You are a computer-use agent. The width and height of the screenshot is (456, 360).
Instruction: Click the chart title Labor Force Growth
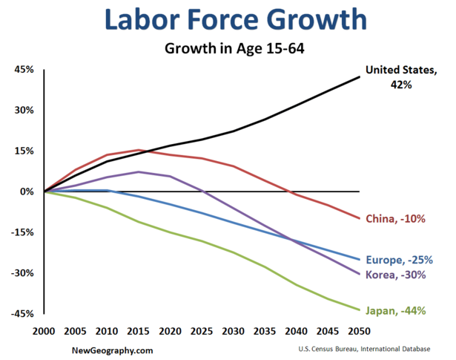(x=228, y=22)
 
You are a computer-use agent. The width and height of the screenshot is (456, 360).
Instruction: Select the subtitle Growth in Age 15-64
(x=228, y=50)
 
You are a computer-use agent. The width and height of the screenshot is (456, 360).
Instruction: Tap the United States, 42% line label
(x=398, y=77)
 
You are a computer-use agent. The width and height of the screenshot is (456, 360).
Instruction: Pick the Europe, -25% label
(x=398, y=260)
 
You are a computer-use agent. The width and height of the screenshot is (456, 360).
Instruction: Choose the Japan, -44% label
(x=396, y=310)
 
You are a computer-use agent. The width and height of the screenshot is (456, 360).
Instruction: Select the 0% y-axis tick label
(x=27, y=192)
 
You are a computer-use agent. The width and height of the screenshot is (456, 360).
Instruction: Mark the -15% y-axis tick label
(x=22, y=232)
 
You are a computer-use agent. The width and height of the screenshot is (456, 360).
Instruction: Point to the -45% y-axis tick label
(x=22, y=314)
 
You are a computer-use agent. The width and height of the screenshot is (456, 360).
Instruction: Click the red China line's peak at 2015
(x=139, y=150)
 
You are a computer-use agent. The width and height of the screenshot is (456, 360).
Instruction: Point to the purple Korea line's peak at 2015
(x=139, y=171)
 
